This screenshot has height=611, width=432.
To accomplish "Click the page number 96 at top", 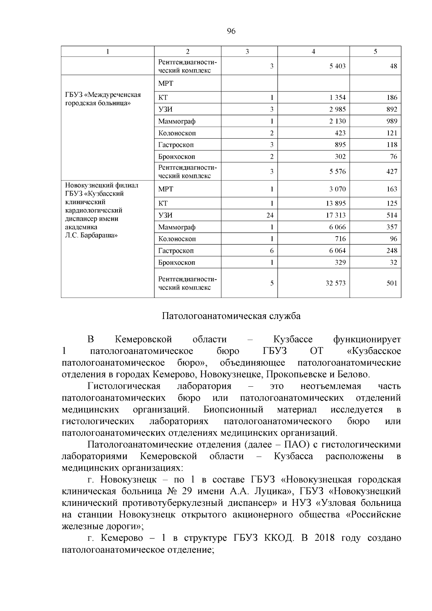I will click(231, 31).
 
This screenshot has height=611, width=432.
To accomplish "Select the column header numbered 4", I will click(313, 51).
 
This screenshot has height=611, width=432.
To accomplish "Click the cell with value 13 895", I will click(336, 203).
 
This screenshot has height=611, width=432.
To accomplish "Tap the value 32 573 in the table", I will click(336, 283).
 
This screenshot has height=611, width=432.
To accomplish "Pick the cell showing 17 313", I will click(336, 215).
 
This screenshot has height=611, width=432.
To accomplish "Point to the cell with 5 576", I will click(337, 172).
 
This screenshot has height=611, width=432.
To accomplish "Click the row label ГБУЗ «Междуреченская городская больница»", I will click(103, 99).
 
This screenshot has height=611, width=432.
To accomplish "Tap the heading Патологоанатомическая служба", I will click(231, 316).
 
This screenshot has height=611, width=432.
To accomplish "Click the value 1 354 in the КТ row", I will click(337, 98).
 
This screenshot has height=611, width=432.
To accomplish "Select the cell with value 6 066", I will click(337, 227).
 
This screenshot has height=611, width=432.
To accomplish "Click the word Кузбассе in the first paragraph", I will click(293, 340).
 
